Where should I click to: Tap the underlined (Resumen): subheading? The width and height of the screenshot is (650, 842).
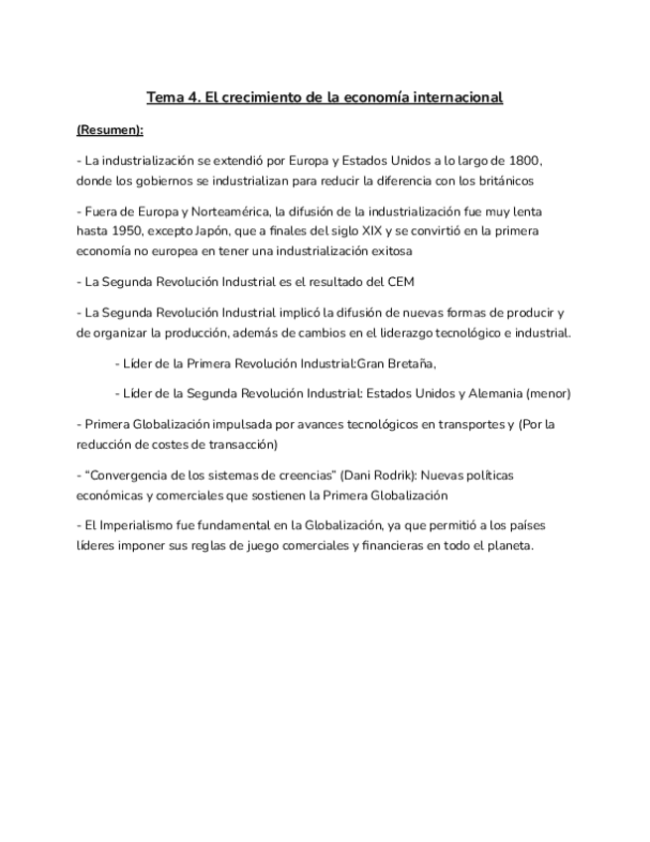(109, 130)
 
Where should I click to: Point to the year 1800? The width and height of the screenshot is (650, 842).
(523, 161)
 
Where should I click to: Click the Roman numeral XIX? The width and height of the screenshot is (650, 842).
(350, 232)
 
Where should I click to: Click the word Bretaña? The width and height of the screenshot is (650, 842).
(410, 363)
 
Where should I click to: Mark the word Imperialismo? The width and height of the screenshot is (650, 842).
(132, 526)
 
